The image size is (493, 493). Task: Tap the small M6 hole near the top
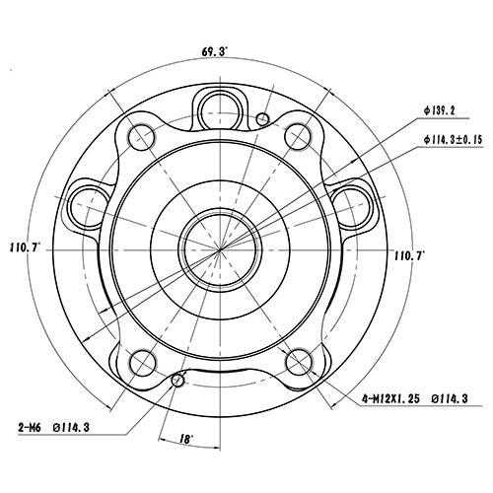pos(261,119)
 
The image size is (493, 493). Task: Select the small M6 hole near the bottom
pos(177,381)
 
